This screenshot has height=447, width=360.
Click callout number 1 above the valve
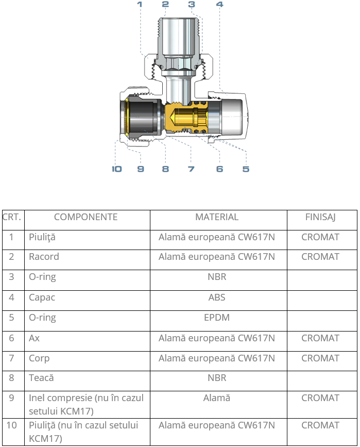(x=140, y=4)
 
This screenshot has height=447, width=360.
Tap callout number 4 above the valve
(x=219, y=4)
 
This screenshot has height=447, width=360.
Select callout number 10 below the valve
(x=117, y=169)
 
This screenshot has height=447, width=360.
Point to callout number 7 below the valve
(x=191, y=169)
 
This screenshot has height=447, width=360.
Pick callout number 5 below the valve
(x=246, y=169)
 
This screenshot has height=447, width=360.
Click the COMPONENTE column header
(x=85, y=217)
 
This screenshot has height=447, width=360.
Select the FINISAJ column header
(x=320, y=217)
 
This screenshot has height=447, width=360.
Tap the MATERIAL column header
(x=217, y=217)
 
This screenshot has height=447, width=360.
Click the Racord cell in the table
(x=44, y=257)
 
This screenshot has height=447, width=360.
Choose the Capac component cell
(x=42, y=297)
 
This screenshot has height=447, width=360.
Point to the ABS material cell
(x=217, y=297)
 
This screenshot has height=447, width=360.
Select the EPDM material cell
(x=217, y=318)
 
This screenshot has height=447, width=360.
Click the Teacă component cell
(x=41, y=378)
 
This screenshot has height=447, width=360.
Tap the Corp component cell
(x=39, y=358)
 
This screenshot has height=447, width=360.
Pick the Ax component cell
(x=34, y=338)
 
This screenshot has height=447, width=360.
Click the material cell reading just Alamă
(x=217, y=398)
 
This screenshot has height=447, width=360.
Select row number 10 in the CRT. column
(x=12, y=425)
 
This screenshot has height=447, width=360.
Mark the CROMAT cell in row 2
(x=320, y=257)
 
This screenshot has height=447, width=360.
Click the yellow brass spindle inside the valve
(x=186, y=117)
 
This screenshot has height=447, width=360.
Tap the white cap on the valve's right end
(x=233, y=117)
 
